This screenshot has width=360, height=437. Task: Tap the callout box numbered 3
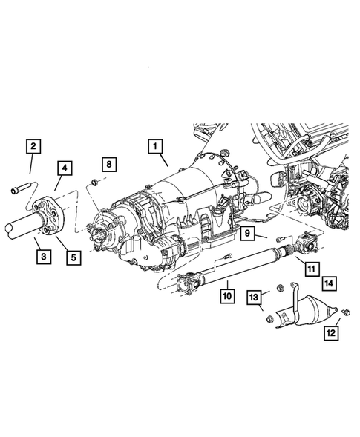tap(44, 257)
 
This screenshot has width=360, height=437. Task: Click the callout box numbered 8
tap(108, 163)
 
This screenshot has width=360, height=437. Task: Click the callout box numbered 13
tap(255, 298)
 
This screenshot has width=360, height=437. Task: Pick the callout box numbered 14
tap(328, 282)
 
